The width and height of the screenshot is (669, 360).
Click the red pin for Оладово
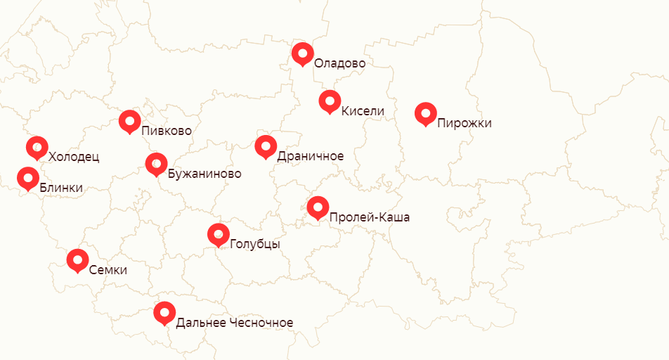[302, 53]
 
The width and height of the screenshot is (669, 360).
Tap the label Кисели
[363, 111]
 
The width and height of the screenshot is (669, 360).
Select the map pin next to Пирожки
[425, 113]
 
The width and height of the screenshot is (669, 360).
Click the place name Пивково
[166, 131]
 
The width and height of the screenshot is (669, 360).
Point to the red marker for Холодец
[37, 148]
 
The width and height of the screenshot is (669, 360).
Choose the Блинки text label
[61, 188]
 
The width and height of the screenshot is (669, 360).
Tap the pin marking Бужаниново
[156, 164]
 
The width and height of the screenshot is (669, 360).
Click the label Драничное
[310, 156]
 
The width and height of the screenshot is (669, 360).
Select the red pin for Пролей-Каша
[318, 207]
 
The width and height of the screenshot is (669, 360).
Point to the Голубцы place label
[254, 245]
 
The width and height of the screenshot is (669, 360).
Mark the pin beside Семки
[77, 259]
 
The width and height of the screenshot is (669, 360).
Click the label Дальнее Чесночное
[234, 323]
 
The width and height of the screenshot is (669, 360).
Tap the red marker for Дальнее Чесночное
[164, 312]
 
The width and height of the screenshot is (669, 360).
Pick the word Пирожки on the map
[464, 124]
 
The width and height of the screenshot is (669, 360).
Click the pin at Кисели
[330, 101]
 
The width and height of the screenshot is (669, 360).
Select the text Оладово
[339, 63]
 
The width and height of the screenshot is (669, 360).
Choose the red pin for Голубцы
[219, 234]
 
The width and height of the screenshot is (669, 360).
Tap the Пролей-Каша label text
[369, 218]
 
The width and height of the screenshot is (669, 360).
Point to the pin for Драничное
[266, 146]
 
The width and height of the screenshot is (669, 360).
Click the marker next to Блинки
[28, 177]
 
